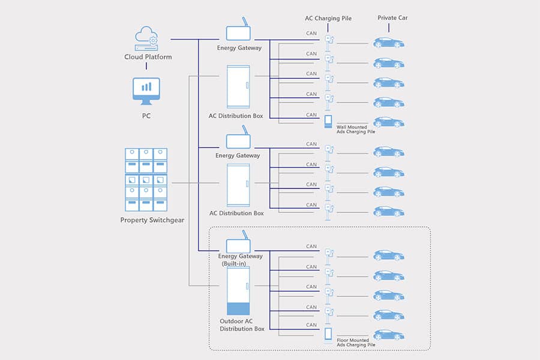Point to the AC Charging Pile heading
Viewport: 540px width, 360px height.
(x=328, y=19)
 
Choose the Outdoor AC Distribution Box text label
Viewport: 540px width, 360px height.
(x=242, y=325)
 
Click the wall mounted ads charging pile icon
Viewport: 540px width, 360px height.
(x=328, y=122)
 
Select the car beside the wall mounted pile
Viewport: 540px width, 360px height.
(x=389, y=122)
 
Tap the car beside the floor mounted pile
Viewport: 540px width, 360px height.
(x=389, y=335)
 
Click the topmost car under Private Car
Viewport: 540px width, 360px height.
(x=389, y=43)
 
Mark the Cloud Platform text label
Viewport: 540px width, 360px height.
(x=148, y=58)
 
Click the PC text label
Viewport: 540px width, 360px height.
(x=146, y=115)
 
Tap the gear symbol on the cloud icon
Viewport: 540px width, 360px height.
(x=153, y=40)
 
